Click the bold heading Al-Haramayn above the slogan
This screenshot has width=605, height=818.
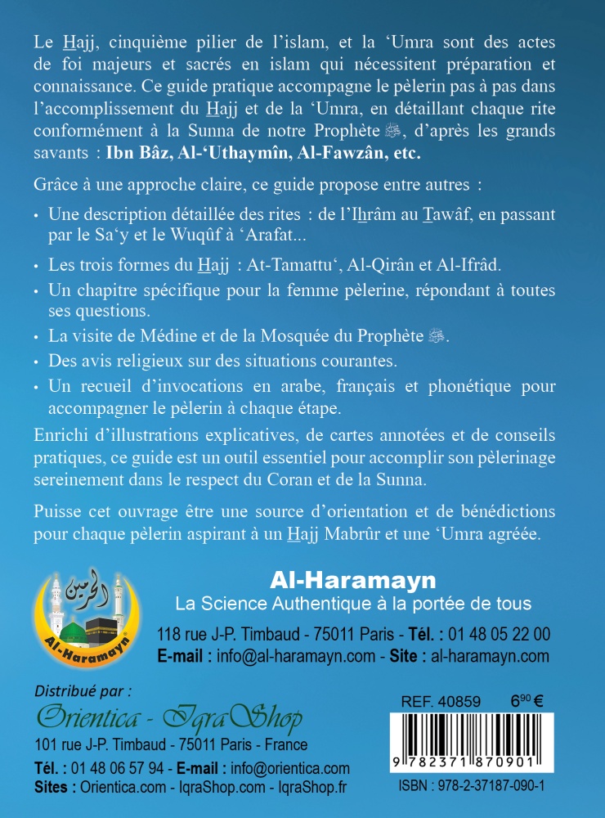[x=352, y=580]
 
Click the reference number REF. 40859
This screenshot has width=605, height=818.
[x=441, y=701]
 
